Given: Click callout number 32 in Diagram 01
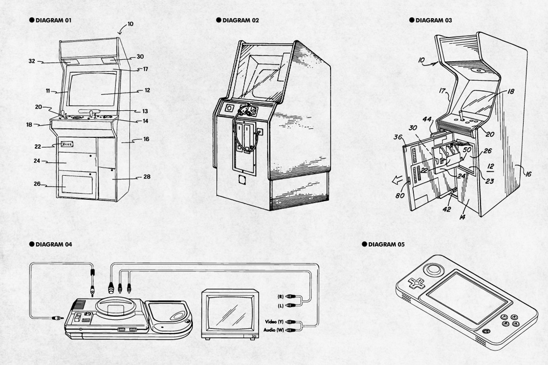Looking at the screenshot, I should pyautogui.click(x=32, y=61).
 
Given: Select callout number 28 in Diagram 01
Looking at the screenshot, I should pyautogui.click(x=147, y=177).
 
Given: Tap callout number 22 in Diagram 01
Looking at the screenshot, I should pyautogui.click(x=38, y=146).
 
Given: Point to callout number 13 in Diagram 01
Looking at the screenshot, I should pyautogui.click(x=145, y=111).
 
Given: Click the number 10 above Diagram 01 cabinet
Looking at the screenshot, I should pyautogui.click(x=131, y=24).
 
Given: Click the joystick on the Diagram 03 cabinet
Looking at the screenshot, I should pyautogui.click(x=461, y=115).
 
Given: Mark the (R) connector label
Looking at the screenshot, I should pyautogui.click(x=280, y=297).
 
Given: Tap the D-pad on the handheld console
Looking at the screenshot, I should pyautogui.click(x=416, y=283).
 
